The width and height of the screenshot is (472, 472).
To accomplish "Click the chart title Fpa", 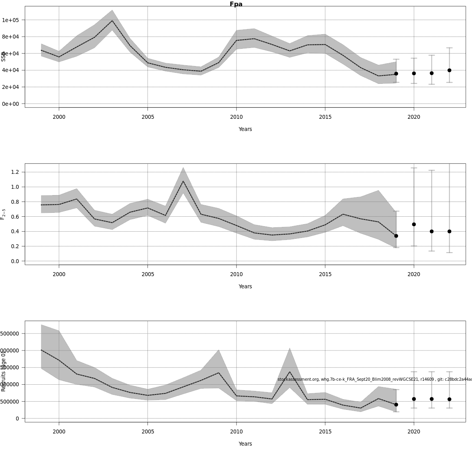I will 236,4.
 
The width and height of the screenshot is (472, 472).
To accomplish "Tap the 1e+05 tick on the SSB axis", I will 13,20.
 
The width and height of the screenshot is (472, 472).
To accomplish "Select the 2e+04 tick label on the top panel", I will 13,87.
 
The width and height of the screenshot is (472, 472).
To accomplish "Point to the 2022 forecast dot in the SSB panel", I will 449,70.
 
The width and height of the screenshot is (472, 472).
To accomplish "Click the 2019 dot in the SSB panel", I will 396,74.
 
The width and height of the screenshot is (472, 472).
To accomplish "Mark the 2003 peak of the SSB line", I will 112,21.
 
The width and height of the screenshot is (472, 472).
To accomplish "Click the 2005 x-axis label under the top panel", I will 147,117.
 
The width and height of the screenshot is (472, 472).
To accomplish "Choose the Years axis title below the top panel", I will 245,129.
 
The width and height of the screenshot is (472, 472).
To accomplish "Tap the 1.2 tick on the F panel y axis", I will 15,172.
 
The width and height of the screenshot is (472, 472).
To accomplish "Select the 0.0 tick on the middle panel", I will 15,261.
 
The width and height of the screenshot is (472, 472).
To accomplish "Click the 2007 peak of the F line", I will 183,181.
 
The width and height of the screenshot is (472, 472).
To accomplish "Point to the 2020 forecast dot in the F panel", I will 414,224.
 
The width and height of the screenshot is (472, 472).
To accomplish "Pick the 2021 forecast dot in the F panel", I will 431,231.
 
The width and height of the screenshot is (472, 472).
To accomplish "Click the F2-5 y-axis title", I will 3,214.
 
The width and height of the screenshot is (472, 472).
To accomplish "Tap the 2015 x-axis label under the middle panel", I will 325,274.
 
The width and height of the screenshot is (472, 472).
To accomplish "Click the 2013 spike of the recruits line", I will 289,372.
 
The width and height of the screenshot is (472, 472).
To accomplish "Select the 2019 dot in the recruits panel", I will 396,404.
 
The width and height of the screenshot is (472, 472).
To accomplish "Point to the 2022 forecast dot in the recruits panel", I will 449,399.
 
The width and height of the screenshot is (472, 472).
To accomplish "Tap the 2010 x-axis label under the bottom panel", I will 236,431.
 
